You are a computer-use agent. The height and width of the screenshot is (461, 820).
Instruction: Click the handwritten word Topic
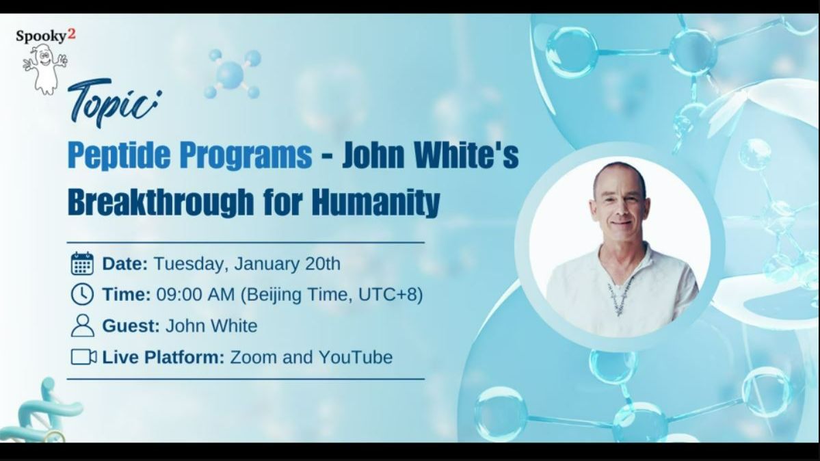(113, 103)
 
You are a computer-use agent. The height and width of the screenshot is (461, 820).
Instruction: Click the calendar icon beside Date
(82, 263)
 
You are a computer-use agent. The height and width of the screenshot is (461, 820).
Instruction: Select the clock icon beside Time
(82, 294)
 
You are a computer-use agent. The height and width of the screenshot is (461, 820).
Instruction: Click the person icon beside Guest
(82, 326)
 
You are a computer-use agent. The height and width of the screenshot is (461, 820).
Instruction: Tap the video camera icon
(83, 357)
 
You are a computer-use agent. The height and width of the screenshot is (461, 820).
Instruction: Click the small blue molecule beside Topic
(231, 73)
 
